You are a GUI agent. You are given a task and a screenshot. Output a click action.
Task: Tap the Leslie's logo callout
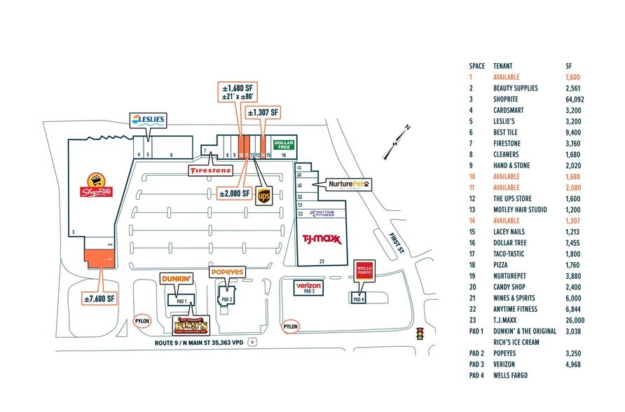pyautogui.click(x=147, y=120)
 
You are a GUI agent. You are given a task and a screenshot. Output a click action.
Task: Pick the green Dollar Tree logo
pyautogui.click(x=283, y=144)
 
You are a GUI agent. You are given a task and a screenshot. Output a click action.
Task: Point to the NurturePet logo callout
pyautogui.click(x=348, y=185)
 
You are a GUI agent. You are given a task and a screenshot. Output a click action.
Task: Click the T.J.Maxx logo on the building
pyautogui.click(x=321, y=239)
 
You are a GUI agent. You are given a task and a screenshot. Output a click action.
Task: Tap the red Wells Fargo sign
pyautogui.click(x=362, y=270)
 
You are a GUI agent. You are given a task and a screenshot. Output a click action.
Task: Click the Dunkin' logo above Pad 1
pyautogui.click(x=177, y=279)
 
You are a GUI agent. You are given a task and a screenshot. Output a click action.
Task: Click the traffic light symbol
pyautogui.click(x=420, y=334)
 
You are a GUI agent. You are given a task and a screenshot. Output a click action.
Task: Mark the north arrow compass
pyautogui.click(x=397, y=140)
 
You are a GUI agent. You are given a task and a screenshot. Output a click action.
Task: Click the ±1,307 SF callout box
pyautogui.click(x=263, y=112)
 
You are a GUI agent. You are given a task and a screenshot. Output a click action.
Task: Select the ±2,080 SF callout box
pyautogui.click(x=233, y=194)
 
